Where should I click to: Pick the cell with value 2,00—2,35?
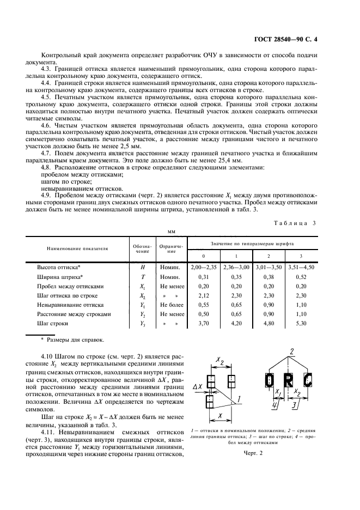[x=204, y=268]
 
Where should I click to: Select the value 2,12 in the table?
[x=204, y=295]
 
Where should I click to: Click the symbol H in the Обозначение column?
[x=142, y=268]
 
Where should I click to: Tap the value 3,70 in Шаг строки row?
[x=204, y=323]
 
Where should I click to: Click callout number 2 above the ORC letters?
[x=292, y=350]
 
